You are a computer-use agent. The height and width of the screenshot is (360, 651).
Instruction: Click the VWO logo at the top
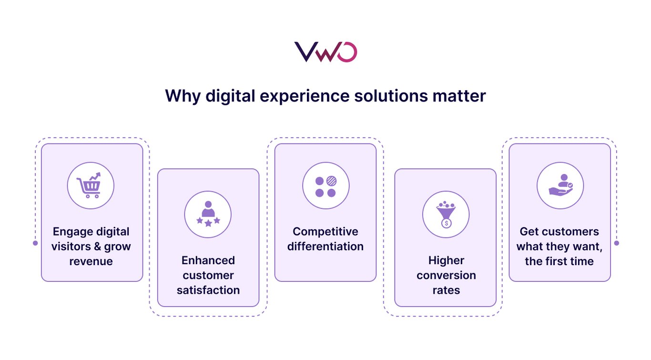(x=325, y=52)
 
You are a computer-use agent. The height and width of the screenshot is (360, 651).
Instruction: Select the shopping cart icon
(x=91, y=185)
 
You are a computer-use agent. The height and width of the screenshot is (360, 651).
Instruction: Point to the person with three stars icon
(x=208, y=214)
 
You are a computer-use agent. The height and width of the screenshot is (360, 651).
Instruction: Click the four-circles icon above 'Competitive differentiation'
(x=326, y=186)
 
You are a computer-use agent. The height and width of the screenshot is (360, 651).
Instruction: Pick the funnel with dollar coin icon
(x=446, y=214)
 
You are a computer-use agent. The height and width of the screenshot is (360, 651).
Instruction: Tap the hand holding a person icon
(x=560, y=185)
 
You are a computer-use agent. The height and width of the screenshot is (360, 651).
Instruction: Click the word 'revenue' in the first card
(x=91, y=261)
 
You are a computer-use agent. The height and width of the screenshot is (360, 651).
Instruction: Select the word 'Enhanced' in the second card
(x=208, y=260)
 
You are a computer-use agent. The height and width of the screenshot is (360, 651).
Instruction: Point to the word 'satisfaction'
(x=208, y=290)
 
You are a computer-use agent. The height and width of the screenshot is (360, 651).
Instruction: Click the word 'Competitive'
(x=325, y=232)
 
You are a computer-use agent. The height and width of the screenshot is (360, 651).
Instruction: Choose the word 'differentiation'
(x=325, y=247)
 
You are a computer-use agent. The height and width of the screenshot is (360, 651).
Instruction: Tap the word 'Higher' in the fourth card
(x=446, y=260)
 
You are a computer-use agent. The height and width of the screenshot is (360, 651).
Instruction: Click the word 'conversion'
(x=446, y=275)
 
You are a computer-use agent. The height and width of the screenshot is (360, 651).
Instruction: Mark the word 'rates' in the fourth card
(x=446, y=290)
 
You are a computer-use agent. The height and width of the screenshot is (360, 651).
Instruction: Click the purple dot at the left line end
(x=35, y=243)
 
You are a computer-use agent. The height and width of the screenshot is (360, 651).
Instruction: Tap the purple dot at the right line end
(x=617, y=243)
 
